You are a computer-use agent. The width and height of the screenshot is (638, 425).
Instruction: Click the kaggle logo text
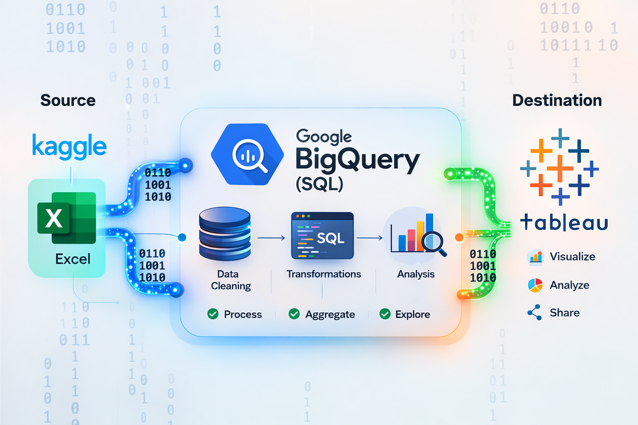click(x=69, y=146)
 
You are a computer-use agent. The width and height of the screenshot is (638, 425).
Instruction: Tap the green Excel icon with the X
click(x=67, y=217)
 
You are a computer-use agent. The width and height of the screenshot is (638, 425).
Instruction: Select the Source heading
click(x=68, y=100)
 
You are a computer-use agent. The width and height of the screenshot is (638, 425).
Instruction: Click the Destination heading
click(x=557, y=100)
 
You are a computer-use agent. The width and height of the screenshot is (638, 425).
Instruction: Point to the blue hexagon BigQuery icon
click(x=248, y=154)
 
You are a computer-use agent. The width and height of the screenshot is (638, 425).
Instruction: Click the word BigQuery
click(x=357, y=160)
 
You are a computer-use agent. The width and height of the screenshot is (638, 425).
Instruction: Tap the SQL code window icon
click(x=322, y=236)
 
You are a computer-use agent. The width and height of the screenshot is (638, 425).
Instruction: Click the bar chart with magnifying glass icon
click(x=417, y=234)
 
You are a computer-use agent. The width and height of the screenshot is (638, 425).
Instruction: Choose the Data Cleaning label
click(x=231, y=280)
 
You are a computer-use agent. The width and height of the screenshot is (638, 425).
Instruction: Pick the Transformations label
click(x=324, y=274)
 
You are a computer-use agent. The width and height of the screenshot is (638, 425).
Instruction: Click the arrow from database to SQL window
click(x=271, y=238)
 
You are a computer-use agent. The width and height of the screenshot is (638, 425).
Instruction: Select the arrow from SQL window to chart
click(x=370, y=238)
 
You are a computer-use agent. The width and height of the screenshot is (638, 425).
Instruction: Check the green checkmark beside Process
click(x=213, y=314)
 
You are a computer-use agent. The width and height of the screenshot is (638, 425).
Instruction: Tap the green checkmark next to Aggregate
click(x=294, y=314)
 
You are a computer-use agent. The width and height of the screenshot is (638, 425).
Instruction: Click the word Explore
click(x=412, y=314)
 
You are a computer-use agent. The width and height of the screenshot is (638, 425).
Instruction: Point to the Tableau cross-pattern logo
click(x=559, y=167)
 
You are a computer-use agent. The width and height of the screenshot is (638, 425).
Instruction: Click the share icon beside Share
click(x=535, y=313)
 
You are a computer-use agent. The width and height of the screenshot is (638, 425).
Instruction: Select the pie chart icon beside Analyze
click(x=535, y=285)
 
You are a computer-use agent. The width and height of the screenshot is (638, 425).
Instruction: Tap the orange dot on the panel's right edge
click(x=459, y=237)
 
